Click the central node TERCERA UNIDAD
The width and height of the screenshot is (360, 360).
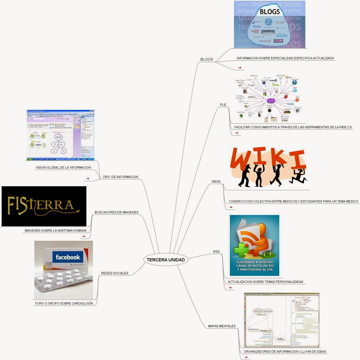coord(166,260)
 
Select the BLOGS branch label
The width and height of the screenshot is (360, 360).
coord(206,59)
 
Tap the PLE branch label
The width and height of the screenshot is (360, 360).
coord(223,105)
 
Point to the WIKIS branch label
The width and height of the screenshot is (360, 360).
coord(216,182)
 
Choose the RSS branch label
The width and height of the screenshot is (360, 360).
coord(216,252)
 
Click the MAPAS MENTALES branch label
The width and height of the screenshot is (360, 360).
coord(222,326)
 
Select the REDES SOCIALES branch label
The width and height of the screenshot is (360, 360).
coord(115,273)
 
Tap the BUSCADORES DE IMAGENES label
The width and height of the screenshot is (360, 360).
coord(116,212)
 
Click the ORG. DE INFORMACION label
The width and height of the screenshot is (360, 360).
coord(121,177)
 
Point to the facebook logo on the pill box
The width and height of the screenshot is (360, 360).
coord(68,257)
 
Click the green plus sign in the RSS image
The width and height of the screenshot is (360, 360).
coord(241,250)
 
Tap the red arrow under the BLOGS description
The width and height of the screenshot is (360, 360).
coord(240,68)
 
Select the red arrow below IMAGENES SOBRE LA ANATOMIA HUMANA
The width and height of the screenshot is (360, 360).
coord(84,236)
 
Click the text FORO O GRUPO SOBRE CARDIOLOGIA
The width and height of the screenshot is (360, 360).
coord(64,304)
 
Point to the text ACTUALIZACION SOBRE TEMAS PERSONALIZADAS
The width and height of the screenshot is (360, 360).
coord(266,282)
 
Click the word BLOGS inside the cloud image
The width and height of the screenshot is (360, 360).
coord(270,12)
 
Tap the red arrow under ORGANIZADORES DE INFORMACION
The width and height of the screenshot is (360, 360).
coord(246,357)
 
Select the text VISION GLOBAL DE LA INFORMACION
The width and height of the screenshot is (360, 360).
coord(63,168)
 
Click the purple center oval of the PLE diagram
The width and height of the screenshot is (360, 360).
coord(271,100)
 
